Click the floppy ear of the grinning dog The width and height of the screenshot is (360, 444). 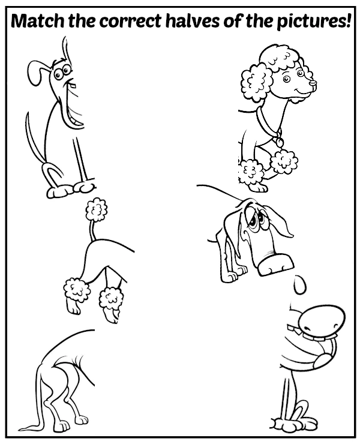click(34, 73)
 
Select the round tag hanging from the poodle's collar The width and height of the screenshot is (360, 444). click(280, 142)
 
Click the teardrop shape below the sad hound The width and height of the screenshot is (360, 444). click(299, 284)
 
